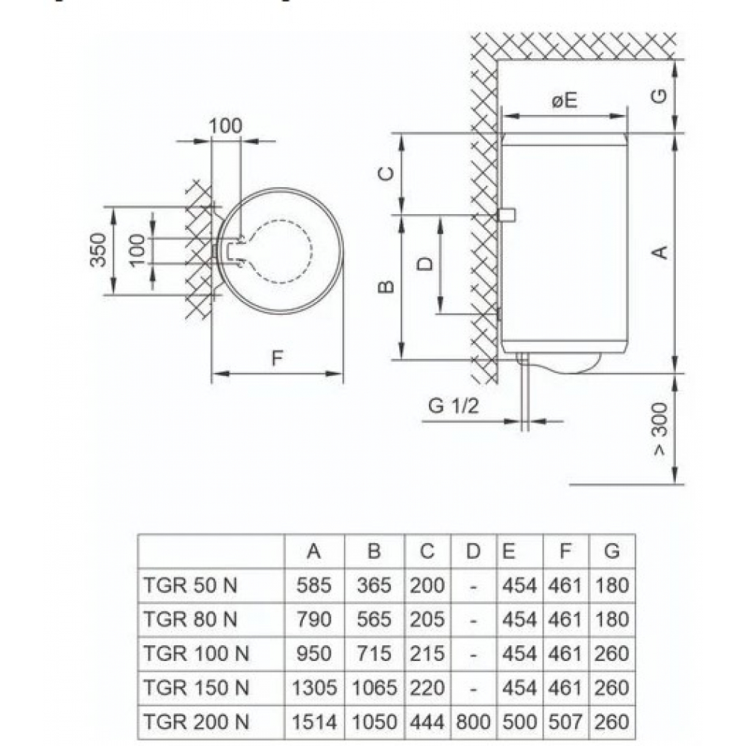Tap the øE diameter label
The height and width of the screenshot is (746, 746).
click(x=565, y=101)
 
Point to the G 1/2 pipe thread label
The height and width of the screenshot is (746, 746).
click(x=453, y=406)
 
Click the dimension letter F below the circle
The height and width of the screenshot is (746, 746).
click(x=277, y=358)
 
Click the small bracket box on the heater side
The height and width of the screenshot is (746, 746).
click(x=508, y=216)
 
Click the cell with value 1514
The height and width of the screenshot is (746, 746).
click(x=314, y=721)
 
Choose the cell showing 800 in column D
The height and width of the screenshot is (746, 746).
click(x=473, y=721)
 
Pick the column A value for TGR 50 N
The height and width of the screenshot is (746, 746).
click(x=314, y=586)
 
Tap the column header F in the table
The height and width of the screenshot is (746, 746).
click(x=565, y=552)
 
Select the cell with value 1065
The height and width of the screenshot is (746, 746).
click(x=374, y=688)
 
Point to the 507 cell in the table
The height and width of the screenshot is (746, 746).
click(x=565, y=721)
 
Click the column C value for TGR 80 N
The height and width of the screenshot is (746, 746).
click(x=427, y=619)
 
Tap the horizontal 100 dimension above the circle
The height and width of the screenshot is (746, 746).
click(x=225, y=126)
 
